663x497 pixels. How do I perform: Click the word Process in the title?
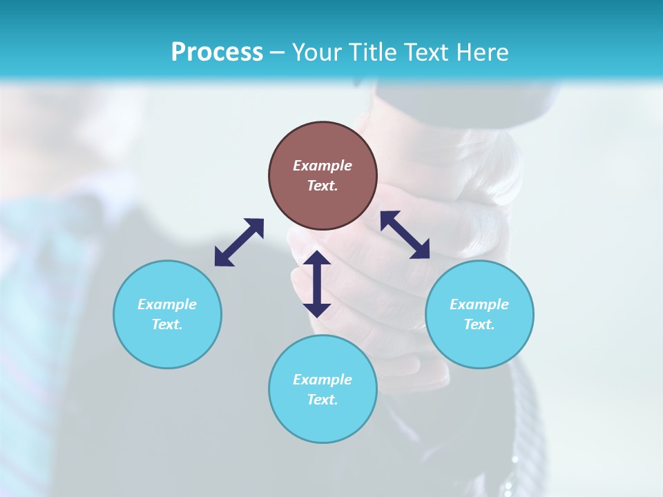click(217, 52)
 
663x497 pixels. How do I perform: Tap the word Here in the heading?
click(483, 52)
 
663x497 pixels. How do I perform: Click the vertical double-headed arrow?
click(317, 284)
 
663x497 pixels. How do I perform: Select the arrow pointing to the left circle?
click(239, 242)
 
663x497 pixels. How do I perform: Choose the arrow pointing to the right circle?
click(405, 235)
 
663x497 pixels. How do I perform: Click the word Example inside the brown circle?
click(323, 166)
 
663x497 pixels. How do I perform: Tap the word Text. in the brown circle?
click(323, 186)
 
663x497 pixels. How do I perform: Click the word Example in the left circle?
click(167, 304)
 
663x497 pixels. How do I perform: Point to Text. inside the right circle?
click(479, 324)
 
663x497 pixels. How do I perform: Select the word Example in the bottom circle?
click(323, 380)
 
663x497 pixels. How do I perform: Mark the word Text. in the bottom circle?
click(323, 400)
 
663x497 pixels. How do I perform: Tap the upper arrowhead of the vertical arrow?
click(317, 258)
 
